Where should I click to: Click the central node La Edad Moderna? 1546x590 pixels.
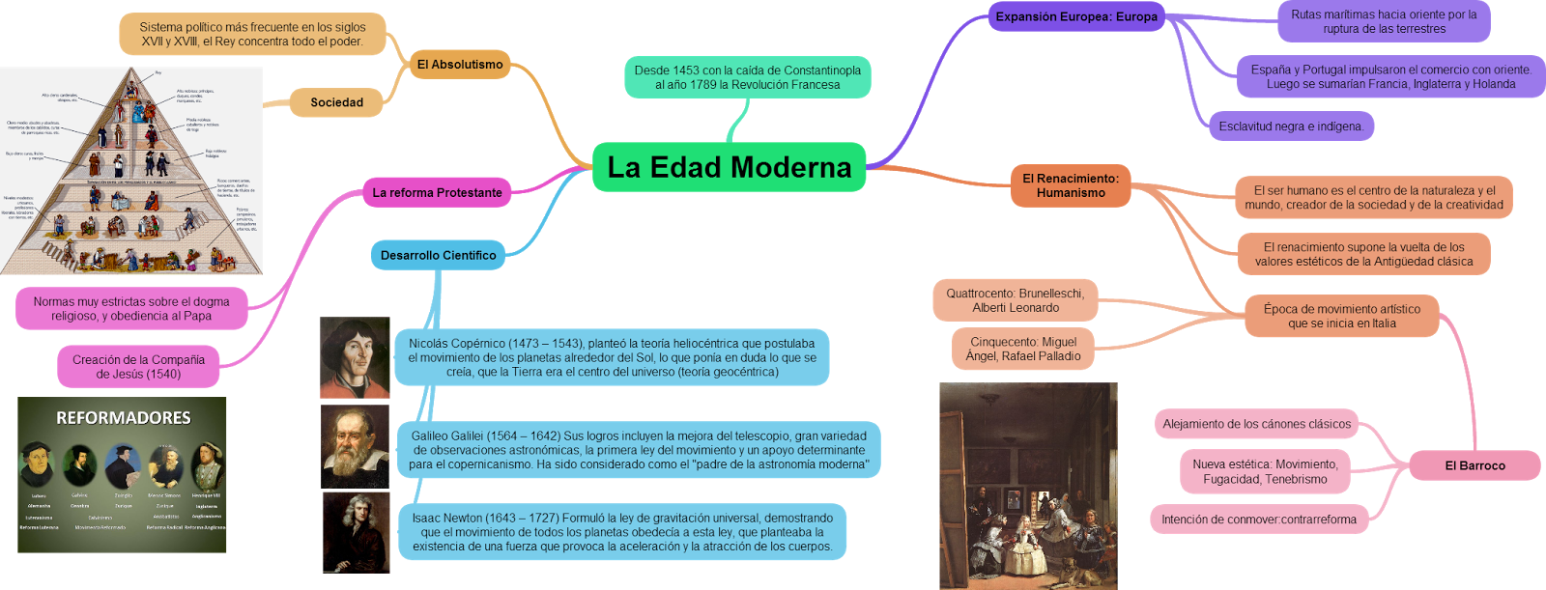[x=729, y=167]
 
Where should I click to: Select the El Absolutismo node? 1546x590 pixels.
[x=460, y=65]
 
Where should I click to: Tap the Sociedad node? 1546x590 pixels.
[x=336, y=102]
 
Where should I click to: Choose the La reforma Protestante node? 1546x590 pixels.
[x=437, y=193]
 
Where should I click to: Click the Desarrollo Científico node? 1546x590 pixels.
[x=438, y=256]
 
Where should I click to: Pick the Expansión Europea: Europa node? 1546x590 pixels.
[x=1076, y=16]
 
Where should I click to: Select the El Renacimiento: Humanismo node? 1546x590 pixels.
[x=1071, y=185]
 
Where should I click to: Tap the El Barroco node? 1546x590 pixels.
[x=1474, y=465]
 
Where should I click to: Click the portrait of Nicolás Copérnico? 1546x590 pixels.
[x=355, y=358]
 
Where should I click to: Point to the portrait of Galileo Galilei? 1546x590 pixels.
[x=355, y=446]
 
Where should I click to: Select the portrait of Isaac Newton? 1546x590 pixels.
[x=355, y=532]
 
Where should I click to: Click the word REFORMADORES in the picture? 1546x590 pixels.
[x=123, y=418]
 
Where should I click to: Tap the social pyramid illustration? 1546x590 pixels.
[x=130, y=171]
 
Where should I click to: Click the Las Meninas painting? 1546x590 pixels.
[x=1028, y=486]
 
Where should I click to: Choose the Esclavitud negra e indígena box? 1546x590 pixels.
[x=1290, y=126]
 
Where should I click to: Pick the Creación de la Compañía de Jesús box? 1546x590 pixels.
[x=138, y=367]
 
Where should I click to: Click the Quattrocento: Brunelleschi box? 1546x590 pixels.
[x=1015, y=300]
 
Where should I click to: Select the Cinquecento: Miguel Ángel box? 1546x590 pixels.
[x=1022, y=349]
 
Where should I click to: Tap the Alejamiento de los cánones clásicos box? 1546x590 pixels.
[x=1256, y=424]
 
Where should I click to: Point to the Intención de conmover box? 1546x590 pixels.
[x=1258, y=520]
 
